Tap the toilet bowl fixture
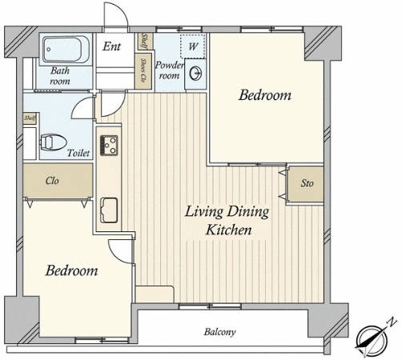pos(53,142)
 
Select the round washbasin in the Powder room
pos(195,73)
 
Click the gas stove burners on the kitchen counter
pos(109,146)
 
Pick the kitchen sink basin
pos(109,210)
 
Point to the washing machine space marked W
pos(193,46)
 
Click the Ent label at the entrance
pos(112,46)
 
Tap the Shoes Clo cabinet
pos(143,71)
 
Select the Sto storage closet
pos(306,184)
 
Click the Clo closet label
pos(52,181)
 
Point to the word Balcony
pos(220,332)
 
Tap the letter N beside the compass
pos(392,322)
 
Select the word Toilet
pos(78,153)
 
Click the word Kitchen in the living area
pos(229,230)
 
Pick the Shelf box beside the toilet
pos(30,118)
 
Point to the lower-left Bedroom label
pos(71,270)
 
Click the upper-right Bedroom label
pos(265,95)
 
